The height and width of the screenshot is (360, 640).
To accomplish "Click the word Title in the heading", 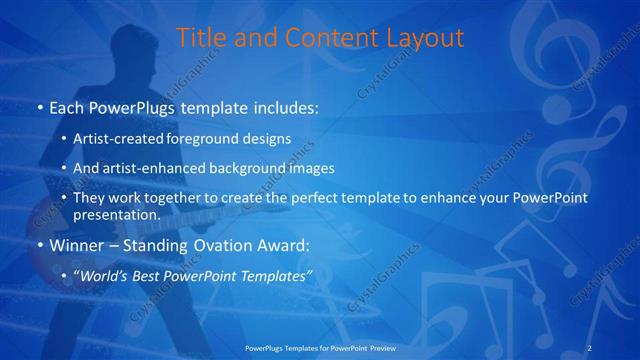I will [x=199, y=39].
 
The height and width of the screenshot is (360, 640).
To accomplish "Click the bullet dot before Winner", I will [x=39, y=245].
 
